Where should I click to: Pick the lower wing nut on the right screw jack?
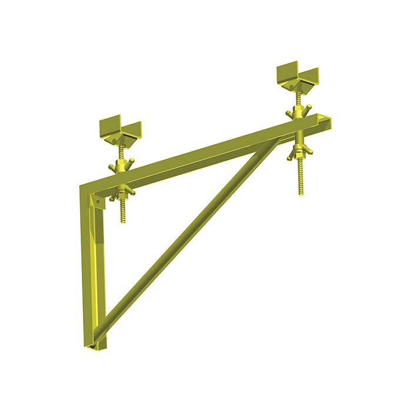point(300,152)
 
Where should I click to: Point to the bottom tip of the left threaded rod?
point(124,221)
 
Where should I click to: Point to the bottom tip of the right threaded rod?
point(301,193)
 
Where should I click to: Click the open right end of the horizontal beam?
point(325,121)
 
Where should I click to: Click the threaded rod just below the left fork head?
point(121,151)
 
